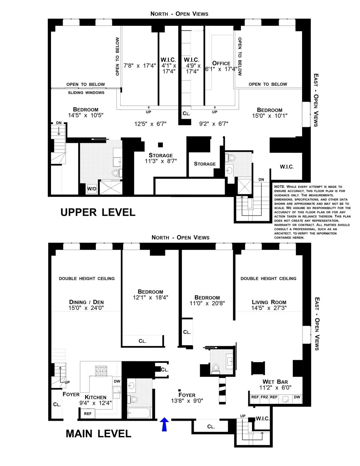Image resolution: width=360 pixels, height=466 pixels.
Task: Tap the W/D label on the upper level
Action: (x=92, y=189)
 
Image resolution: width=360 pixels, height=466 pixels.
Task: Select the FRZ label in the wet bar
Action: (x=264, y=397)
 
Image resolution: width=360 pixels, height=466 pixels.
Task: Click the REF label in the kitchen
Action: (x=88, y=413)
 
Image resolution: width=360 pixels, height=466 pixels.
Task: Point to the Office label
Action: (x=221, y=63)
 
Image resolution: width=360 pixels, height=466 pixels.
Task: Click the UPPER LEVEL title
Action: (x=98, y=212)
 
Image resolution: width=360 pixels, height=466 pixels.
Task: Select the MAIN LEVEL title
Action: (x=98, y=434)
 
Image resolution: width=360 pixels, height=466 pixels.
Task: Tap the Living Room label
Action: (x=269, y=302)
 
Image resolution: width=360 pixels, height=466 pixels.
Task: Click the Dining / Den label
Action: (x=86, y=302)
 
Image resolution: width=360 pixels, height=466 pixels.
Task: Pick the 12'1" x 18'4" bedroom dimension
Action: (x=150, y=297)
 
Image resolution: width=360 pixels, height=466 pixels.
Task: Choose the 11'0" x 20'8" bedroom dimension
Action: (x=207, y=303)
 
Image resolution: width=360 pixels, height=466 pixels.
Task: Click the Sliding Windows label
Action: (x=86, y=93)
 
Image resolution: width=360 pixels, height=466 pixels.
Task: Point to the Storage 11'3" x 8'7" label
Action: (x=161, y=158)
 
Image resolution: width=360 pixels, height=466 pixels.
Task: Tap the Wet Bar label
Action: (x=275, y=382)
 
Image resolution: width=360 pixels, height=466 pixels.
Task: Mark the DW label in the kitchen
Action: (x=117, y=381)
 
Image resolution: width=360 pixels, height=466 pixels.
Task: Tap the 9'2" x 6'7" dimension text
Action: (x=213, y=124)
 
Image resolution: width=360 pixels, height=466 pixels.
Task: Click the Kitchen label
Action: (x=95, y=397)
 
